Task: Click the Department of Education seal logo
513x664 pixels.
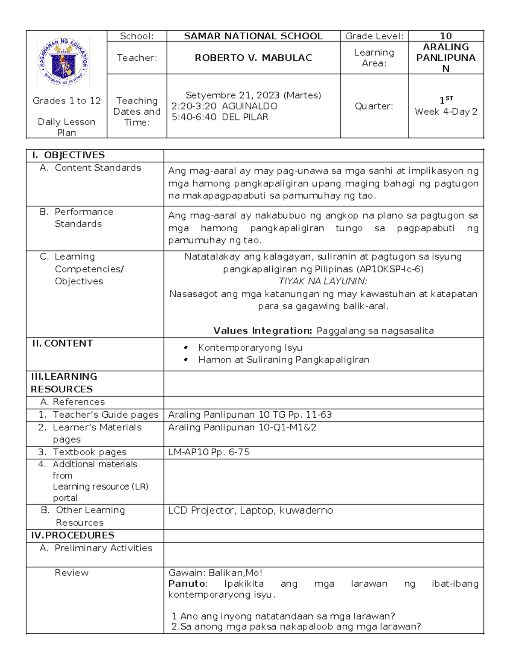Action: [x=64, y=61]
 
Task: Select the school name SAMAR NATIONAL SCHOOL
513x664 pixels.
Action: [x=253, y=36]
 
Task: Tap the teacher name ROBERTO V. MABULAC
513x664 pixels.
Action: [x=253, y=58]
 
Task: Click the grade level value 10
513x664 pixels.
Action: [x=445, y=36]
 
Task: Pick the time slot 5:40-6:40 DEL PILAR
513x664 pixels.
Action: [x=220, y=117]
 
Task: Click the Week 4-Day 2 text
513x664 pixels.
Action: [x=445, y=112]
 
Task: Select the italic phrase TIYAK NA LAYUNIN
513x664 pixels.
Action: [x=323, y=281]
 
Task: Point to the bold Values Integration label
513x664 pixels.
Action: [x=263, y=331]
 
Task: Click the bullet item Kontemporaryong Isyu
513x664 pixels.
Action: [x=250, y=348]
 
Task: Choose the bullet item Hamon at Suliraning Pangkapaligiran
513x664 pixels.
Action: [x=283, y=360]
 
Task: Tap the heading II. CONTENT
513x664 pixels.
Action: [x=62, y=344]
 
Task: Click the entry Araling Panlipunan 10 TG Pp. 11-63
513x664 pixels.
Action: [x=250, y=415]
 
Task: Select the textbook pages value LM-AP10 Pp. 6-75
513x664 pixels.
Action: [x=209, y=452]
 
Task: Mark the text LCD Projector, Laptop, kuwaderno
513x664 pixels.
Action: [x=250, y=511]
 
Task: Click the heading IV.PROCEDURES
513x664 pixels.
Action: [x=73, y=536]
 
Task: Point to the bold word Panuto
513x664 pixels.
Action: [x=187, y=584]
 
